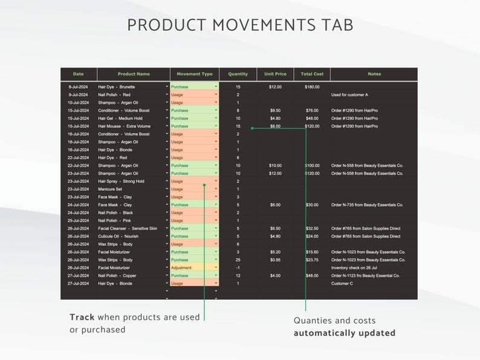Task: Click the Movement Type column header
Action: (194, 74)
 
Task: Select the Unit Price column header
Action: (275, 74)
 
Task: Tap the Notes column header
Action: (374, 74)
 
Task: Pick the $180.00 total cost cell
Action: (312, 87)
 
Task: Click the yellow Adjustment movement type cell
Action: (193, 268)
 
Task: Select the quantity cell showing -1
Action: (238, 268)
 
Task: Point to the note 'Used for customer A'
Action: (349, 95)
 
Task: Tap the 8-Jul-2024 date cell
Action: (79, 87)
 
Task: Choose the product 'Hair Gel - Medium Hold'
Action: (120, 118)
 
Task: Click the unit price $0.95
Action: (275, 260)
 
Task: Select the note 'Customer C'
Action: (342, 283)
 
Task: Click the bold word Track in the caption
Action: (82, 317)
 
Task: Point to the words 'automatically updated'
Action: (345, 333)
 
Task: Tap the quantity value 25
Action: (238, 260)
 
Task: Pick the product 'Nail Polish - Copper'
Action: (117, 275)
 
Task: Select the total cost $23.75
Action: (312, 260)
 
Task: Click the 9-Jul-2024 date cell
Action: (79, 95)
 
